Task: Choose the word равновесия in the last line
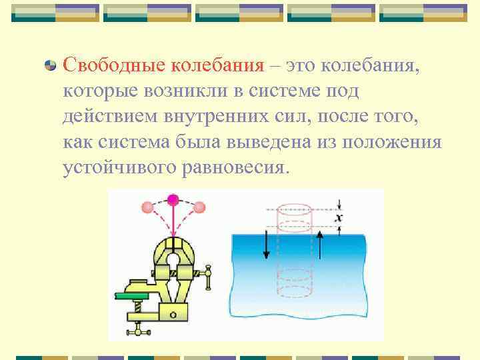234,167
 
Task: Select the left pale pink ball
147,209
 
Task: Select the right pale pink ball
199,209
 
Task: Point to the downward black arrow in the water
266,247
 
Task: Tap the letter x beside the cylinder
339,217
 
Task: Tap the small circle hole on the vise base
173,313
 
